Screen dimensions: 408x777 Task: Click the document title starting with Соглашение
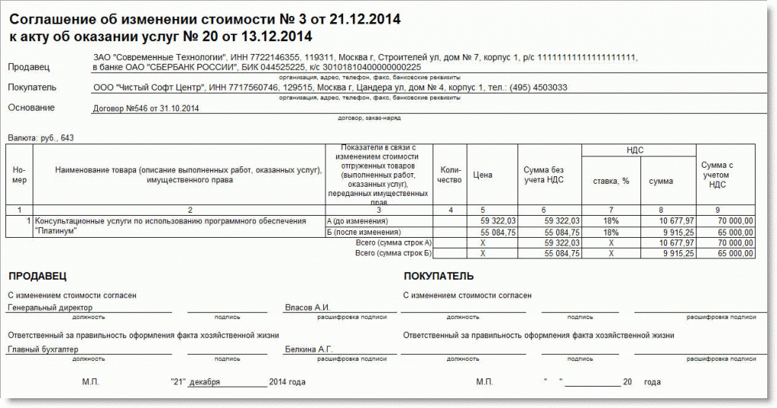coord(205,17)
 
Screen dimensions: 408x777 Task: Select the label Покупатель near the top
coord(33,87)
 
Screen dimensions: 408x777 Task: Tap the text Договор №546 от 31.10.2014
coord(146,109)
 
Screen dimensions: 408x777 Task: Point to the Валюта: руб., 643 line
coord(41,138)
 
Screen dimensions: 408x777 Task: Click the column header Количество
coord(450,175)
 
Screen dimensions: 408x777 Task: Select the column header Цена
coord(483,175)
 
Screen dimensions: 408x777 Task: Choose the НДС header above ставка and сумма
coord(635,150)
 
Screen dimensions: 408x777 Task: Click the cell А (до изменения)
coord(357,220)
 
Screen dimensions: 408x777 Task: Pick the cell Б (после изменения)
coord(361,232)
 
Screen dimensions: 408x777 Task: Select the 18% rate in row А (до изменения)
coord(611,220)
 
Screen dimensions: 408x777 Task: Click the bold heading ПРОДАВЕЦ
coord(37,276)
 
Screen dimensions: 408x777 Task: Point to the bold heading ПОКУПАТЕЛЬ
coord(439,276)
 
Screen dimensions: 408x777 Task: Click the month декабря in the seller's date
coord(205,381)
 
